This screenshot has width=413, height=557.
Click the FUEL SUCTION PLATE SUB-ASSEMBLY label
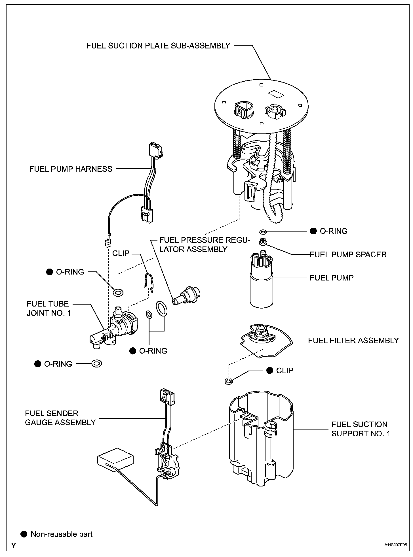click(158, 46)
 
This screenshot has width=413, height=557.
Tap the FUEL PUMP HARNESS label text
click(71, 169)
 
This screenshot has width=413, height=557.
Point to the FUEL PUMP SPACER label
click(348, 254)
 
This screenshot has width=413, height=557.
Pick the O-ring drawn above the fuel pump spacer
click(263, 232)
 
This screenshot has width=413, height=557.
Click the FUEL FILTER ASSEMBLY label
click(353, 340)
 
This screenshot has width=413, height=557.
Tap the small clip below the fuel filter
click(229, 382)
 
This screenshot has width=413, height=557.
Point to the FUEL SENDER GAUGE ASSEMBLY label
click(60, 418)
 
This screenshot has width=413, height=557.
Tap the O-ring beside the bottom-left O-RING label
click(97, 364)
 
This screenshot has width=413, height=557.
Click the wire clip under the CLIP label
click(148, 282)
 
